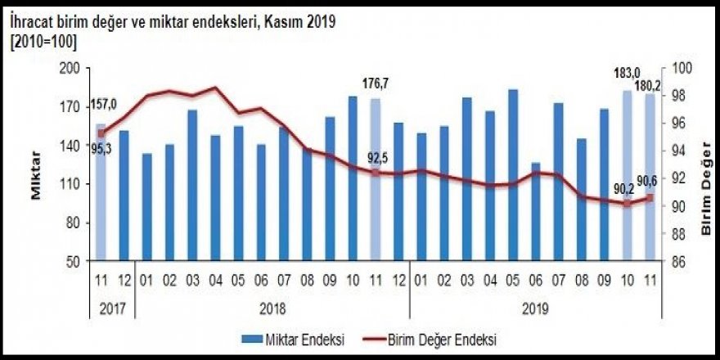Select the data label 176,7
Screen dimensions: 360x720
click(376, 83)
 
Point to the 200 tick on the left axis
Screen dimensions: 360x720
click(72, 68)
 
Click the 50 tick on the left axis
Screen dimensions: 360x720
click(75, 262)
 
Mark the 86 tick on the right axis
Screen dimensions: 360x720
click(678, 262)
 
